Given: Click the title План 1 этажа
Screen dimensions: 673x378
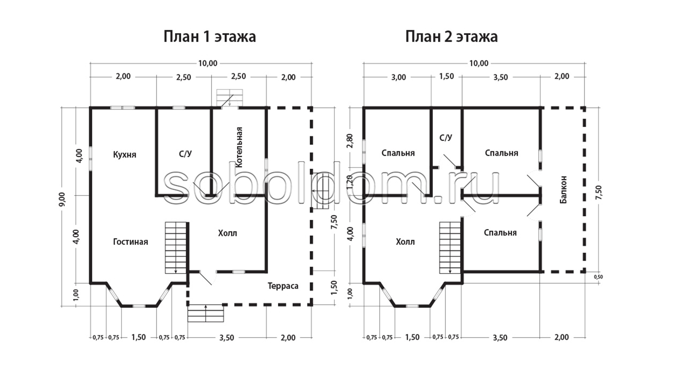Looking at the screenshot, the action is click(210, 37).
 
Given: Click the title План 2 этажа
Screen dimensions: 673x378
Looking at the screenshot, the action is click(451, 37).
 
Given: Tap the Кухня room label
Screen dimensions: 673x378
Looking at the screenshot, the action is click(124, 155).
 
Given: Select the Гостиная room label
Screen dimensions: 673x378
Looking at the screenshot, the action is click(130, 242).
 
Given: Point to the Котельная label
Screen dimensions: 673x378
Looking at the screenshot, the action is click(239, 147).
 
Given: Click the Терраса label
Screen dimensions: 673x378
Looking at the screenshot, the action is click(283, 286).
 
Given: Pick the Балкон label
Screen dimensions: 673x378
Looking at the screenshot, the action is click(563, 189).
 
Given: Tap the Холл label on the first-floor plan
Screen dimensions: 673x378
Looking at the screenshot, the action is click(227, 233).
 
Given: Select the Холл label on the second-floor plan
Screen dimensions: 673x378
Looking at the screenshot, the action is click(405, 242).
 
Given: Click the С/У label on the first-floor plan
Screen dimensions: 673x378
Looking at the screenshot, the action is click(185, 154).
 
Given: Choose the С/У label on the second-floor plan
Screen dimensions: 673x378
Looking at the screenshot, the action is click(446, 138).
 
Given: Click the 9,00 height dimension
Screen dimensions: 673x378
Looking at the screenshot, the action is click(62, 199).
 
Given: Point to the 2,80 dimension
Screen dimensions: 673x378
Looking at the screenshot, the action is click(350, 141).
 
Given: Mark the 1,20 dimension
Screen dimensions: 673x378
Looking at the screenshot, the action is click(350, 182).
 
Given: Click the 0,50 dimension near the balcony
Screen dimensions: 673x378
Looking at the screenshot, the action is click(598, 277).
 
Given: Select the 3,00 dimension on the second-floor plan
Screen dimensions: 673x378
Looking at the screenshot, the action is click(399, 77).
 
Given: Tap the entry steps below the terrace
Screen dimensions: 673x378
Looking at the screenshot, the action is click(206, 314).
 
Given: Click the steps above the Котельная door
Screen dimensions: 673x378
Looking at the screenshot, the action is click(230, 98).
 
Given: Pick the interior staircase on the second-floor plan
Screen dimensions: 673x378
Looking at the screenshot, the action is click(450, 247).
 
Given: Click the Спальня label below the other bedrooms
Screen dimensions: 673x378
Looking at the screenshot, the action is click(500, 233).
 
